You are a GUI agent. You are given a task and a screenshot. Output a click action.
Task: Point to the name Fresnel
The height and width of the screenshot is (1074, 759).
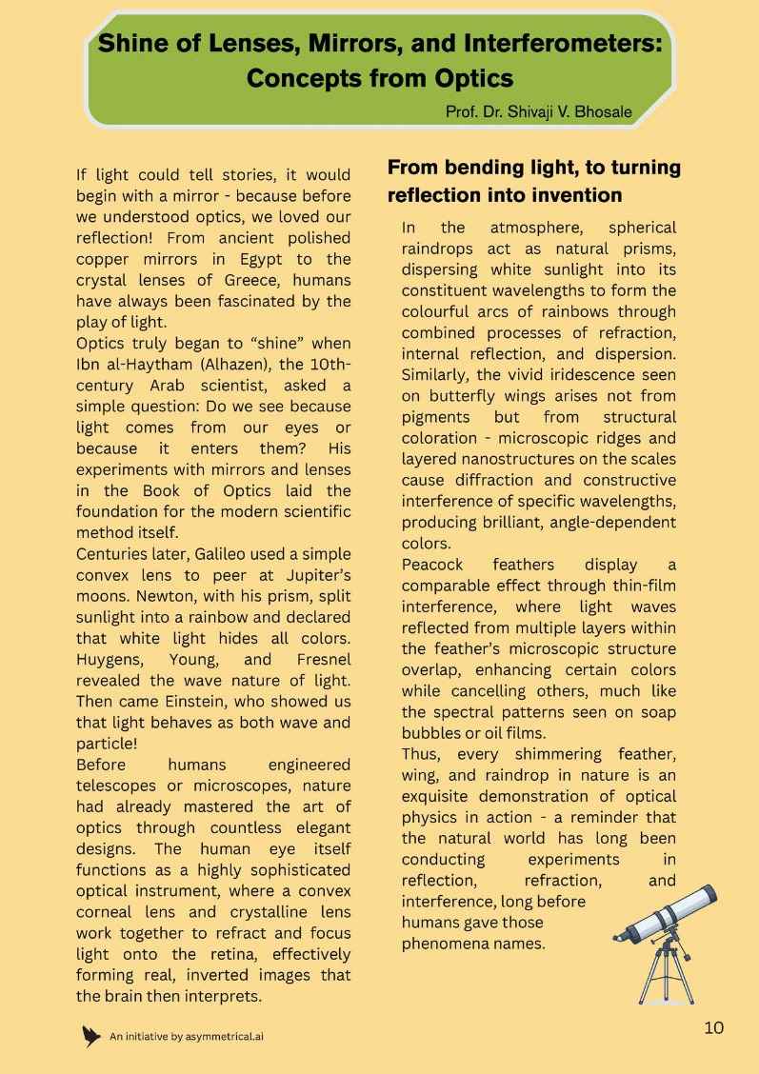321,659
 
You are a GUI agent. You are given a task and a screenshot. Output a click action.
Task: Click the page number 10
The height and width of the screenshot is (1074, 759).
713,1026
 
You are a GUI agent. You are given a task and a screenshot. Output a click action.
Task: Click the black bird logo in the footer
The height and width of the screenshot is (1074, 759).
91,1036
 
